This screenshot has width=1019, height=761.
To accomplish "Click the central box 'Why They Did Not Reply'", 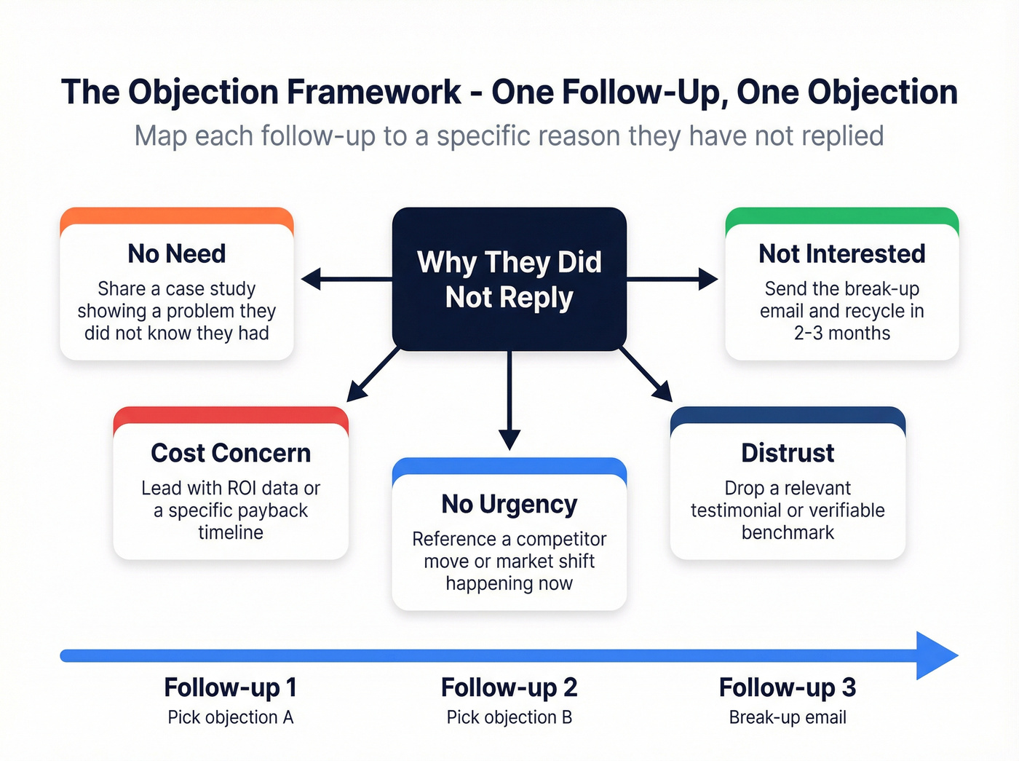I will tap(509, 279).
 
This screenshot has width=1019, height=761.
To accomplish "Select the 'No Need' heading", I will tap(177, 253).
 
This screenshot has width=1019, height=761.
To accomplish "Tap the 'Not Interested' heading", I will tap(842, 253).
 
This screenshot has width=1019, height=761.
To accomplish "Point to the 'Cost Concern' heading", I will tap(231, 453).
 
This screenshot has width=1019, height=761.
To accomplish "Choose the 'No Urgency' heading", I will tap(509, 504).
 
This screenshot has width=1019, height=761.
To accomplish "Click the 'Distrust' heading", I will tap(788, 453).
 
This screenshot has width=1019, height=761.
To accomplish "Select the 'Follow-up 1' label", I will tap(230, 687).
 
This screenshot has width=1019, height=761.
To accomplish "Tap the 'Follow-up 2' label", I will tap(509, 687).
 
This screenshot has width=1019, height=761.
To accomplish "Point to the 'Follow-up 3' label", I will tap(788, 687).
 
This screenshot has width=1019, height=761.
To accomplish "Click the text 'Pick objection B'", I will tap(509, 717).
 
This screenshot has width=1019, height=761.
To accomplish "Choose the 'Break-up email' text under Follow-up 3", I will tap(788, 717).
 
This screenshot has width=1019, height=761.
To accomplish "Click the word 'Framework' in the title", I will tap(373, 92).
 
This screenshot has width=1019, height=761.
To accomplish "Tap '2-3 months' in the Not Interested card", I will tap(842, 334).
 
